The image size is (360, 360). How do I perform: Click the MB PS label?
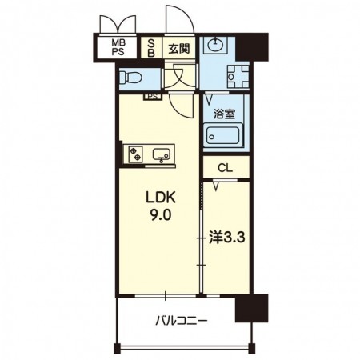[x=118, y=47]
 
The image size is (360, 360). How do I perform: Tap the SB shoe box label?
[x=151, y=47]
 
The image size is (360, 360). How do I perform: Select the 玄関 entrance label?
[x=179, y=49]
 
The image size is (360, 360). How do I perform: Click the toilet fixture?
[x=130, y=78]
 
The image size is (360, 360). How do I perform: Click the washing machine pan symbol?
[x=238, y=77]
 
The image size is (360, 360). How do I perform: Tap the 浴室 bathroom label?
[x=224, y=114]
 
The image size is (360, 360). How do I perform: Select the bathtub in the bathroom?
[x=223, y=135]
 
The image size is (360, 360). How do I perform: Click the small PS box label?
[x=153, y=97]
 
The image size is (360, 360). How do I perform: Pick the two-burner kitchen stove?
[x=135, y=154]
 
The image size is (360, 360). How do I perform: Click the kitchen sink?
[x=162, y=154]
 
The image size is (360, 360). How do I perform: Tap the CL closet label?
[x=226, y=168]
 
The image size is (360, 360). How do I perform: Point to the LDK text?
[x=160, y=198]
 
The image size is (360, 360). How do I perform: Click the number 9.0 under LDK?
[x=161, y=215]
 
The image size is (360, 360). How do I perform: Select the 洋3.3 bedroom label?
[x=227, y=238]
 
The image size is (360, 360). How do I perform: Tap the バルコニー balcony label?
[x=182, y=320]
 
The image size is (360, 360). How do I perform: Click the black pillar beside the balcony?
[x=251, y=308]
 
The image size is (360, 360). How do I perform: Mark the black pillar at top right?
[x=252, y=46]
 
